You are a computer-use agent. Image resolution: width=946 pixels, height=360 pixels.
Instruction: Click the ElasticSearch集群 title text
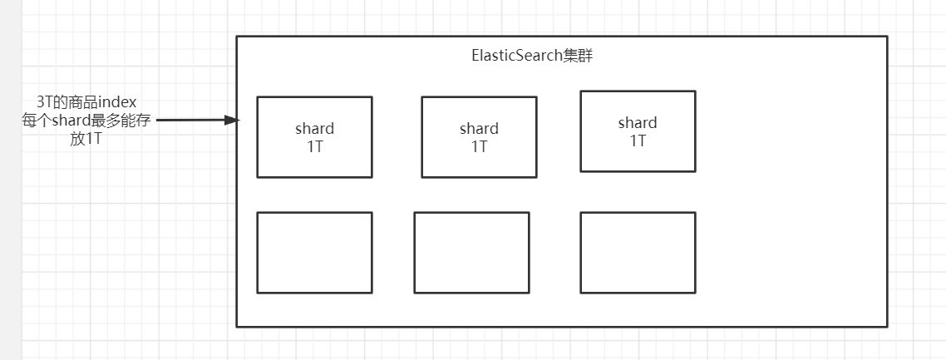click(x=531, y=57)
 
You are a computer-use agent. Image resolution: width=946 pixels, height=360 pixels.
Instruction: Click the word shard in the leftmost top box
click(x=314, y=129)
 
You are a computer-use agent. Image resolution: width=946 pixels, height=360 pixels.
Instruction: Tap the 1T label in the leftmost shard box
click(x=314, y=145)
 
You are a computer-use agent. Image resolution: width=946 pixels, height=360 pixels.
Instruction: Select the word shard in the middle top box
click(x=479, y=129)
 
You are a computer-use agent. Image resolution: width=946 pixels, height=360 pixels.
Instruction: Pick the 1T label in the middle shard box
click(x=479, y=145)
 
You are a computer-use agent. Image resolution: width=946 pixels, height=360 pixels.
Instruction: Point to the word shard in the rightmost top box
click(x=638, y=123)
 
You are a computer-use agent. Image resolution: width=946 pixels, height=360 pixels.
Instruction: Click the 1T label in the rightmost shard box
click(x=638, y=140)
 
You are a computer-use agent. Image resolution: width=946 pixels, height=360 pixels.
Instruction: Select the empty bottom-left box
click(x=314, y=253)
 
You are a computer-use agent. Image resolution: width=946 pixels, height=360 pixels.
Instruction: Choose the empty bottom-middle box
click(x=471, y=253)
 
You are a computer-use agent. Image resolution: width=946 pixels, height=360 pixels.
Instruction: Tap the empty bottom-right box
click(x=638, y=253)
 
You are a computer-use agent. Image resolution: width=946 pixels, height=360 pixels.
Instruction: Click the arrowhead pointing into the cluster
click(x=234, y=121)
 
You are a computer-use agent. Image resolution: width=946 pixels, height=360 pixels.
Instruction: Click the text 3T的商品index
click(x=86, y=101)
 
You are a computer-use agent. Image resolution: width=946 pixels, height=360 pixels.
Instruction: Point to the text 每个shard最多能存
click(x=86, y=121)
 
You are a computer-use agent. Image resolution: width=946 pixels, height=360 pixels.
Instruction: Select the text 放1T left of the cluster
click(x=86, y=139)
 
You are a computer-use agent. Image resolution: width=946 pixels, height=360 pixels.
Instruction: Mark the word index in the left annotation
click(x=117, y=101)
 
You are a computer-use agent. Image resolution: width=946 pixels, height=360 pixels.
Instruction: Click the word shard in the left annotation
click(x=70, y=121)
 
